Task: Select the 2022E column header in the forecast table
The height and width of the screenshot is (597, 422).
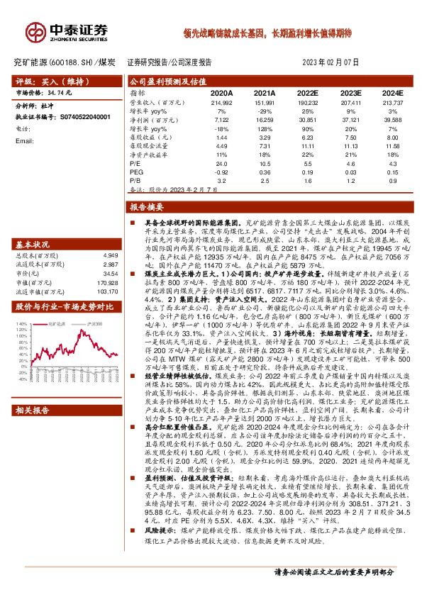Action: tap(307, 93)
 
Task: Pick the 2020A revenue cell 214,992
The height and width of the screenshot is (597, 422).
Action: tap(221, 103)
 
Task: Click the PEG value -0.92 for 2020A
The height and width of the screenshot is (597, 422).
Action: tap(221, 172)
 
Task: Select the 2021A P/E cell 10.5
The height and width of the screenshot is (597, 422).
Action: tap(265, 164)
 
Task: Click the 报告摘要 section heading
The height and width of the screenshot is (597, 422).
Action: tap(148, 207)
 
